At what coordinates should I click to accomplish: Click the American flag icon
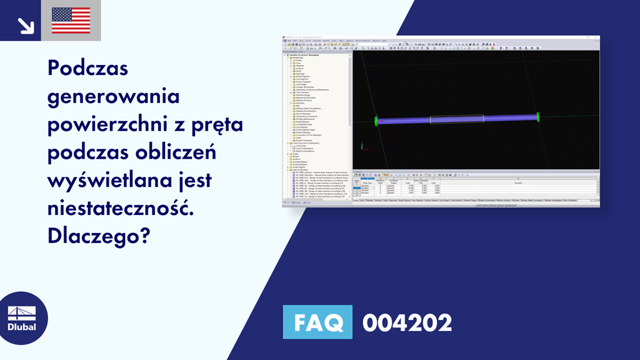[x=71, y=21]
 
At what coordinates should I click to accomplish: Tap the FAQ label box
[x=317, y=322]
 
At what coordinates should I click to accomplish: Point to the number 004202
[x=407, y=323]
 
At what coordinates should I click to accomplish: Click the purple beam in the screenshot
[x=406, y=119]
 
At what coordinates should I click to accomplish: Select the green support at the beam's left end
[x=376, y=120]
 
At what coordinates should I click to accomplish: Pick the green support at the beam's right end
[x=537, y=116]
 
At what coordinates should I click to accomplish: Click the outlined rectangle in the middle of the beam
[x=456, y=118]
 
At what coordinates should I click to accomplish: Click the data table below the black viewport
[x=475, y=185]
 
